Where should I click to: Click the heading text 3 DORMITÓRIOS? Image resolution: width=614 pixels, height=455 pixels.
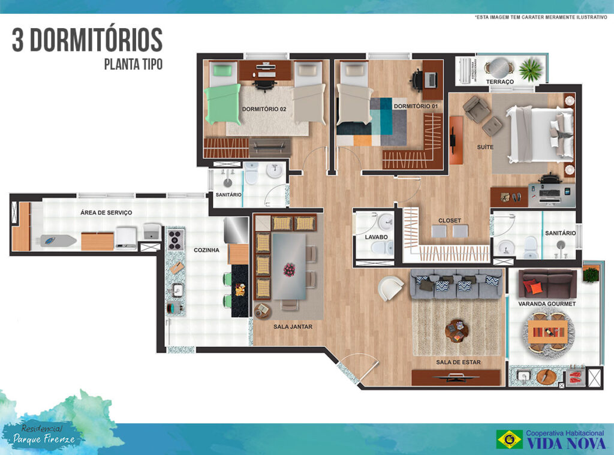tap(88, 40)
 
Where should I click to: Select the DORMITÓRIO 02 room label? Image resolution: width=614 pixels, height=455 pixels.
tap(264, 109)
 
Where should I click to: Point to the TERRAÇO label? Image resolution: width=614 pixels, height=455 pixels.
tap(499, 82)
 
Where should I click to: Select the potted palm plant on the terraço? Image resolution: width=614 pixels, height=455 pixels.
tap(531, 70)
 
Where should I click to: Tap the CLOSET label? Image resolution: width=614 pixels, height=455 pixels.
tap(449, 220)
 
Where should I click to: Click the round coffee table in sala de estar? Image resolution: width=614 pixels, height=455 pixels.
tap(458, 329)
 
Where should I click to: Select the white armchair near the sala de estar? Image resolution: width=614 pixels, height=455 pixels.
tap(391, 288)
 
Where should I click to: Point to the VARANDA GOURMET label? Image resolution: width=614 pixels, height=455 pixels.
tap(547, 304)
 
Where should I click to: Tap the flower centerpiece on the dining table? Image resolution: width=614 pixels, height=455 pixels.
tap(290, 270)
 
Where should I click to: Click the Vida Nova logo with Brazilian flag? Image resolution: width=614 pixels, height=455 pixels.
tap(550, 439)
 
